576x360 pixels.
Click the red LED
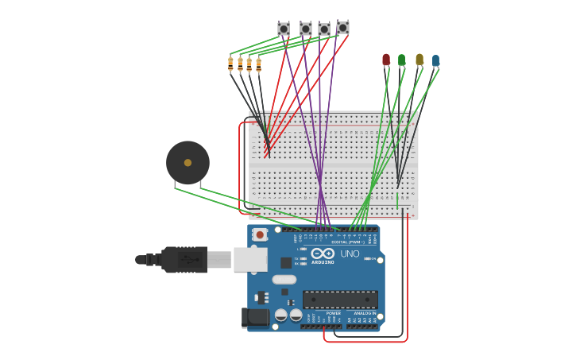pos(386,60)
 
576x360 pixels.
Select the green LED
pos(401,60)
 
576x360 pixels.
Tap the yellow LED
pos(419,60)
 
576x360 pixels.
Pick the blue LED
pos(435,60)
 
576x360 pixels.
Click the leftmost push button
pos(284,29)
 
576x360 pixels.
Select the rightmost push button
pos(342,28)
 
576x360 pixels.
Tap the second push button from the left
pos(306,29)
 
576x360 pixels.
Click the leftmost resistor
pos(230,64)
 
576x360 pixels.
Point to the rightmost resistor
pos(258,64)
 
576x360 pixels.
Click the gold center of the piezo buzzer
pos(187,163)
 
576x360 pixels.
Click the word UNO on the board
pos(350,254)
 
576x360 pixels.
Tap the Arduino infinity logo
pos(323,254)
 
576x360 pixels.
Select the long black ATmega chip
pos(339,300)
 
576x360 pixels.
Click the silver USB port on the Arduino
pos(249,259)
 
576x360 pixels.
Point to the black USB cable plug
pos(184,259)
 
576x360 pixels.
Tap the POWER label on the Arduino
pos(333,313)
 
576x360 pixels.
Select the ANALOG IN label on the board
pos(365,313)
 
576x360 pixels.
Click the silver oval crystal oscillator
pos(284,279)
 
